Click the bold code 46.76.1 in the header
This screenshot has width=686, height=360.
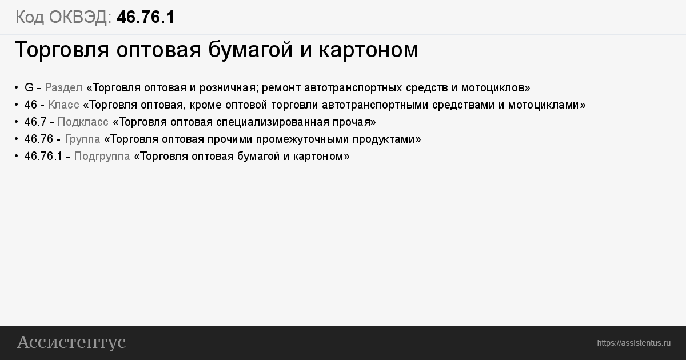(x=146, y=17)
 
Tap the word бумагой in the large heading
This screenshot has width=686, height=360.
(x=250, y=50)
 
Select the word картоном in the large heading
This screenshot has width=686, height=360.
(x=369, y=50)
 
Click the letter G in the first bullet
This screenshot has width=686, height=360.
(x=29, y=87)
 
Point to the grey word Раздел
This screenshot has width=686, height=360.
(x=63, y=88)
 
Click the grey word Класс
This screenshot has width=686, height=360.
(x=63, y=105)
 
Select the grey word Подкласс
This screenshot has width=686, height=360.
(x=83, y=122)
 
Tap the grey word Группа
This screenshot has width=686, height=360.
(x=82, y=139)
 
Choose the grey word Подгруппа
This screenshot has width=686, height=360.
(x=102, y=157)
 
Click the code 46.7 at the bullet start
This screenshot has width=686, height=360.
(x=35, y=122)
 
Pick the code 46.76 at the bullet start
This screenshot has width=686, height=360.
(x=39, y=139)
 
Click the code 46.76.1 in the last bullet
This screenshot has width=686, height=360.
(x=43, y=156)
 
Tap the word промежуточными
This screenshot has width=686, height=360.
(x=302, y=139)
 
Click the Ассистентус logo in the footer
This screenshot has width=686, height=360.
(x=71, y=342)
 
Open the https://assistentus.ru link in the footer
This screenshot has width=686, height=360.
(x=633, y=343)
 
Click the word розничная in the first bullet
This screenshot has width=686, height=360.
(x=228, y=88)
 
